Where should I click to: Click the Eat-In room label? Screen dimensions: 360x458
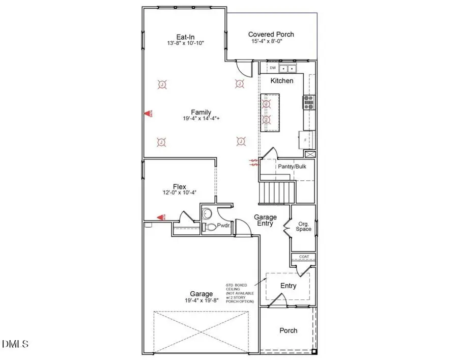pos(183,37)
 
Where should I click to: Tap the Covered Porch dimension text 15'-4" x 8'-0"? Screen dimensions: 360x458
pos(271,42)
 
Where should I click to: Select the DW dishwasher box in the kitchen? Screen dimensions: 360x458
pos(272,68)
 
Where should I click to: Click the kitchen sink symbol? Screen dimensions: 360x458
pos(290,68)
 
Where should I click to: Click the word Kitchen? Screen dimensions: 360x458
pos(281,80)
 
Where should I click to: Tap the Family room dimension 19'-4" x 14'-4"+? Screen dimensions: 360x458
pos(201,119)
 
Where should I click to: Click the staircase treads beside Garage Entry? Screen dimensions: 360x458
pos(278,193)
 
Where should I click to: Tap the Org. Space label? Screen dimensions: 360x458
pos(304,226)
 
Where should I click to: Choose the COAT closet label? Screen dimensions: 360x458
pos(304,257)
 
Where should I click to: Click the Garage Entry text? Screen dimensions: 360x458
pos(264,220)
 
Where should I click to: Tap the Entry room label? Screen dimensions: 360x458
pos(289,286)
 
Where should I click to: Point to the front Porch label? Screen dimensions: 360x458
pos(289,330)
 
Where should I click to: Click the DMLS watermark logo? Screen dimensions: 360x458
pos(15,345)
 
